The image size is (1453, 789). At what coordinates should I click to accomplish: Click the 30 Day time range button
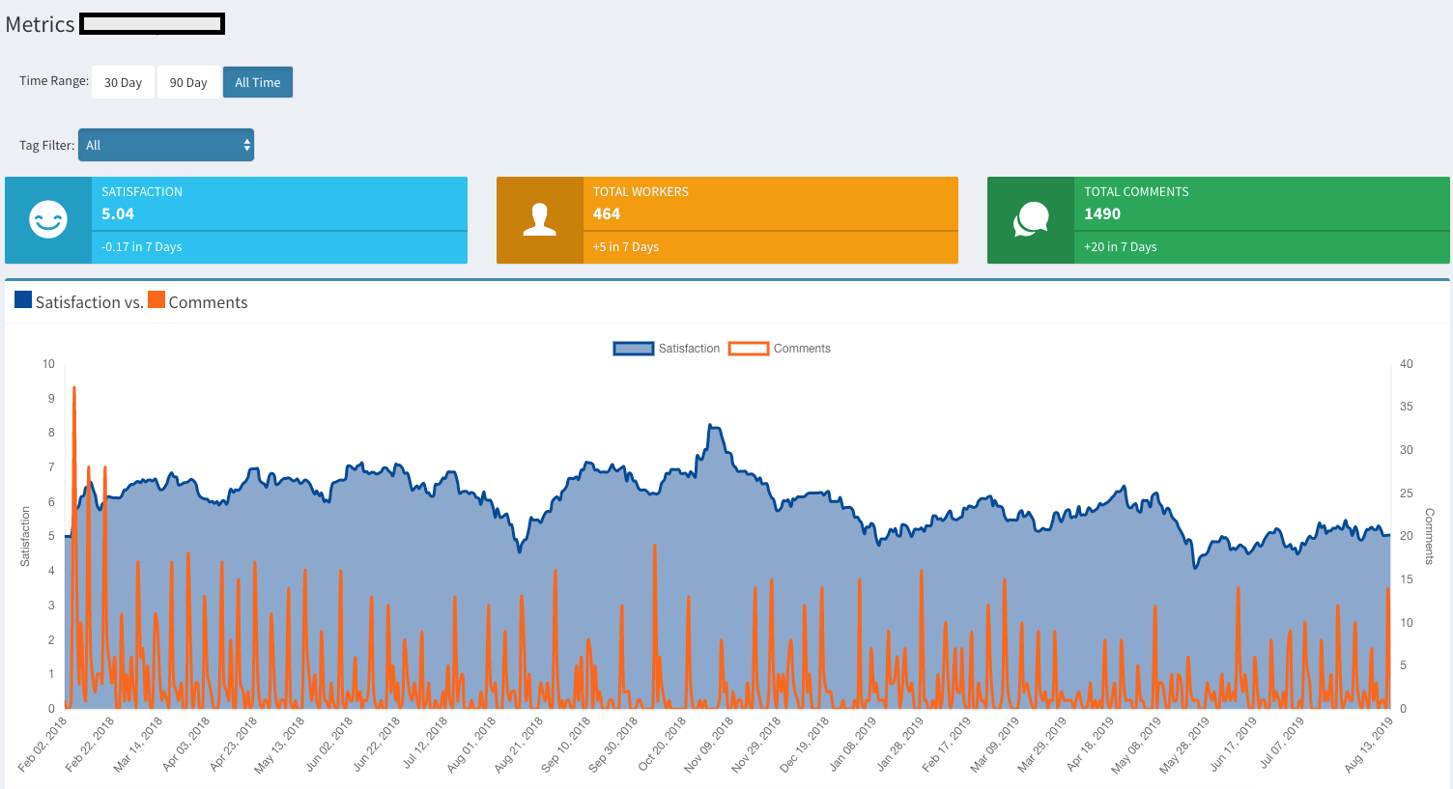point(124,82)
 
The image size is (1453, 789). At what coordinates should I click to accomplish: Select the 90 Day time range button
point(188,82)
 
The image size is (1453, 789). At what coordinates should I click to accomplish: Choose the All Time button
point(258,82)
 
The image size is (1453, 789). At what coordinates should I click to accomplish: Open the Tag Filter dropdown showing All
point(166,145)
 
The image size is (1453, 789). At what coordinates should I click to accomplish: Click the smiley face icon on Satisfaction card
point(48,219)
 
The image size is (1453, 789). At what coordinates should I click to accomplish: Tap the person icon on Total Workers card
point(540,219)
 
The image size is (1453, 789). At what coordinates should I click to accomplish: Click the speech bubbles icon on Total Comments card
point(1031,219)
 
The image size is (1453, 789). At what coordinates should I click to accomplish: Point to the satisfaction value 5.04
point(118,213)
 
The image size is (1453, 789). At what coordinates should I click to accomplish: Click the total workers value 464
point(607,213)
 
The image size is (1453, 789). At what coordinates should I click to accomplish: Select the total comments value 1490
point(1102,213)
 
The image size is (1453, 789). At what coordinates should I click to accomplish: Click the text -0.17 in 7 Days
point(141,246)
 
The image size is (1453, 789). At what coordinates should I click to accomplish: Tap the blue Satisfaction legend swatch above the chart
point(633,349)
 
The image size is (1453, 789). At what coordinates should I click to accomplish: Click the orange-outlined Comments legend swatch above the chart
point(749,349)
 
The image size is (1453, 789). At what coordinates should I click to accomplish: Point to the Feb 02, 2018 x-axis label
point(43,745)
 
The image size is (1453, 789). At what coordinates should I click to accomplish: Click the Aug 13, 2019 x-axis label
point(1368,745)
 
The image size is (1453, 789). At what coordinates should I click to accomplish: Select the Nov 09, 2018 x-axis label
point(708,745)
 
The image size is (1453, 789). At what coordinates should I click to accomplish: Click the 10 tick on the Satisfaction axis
point(48,364)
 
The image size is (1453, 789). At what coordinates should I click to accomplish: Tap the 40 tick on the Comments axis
point(1407,364)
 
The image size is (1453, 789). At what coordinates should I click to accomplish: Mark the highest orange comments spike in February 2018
point(74,387)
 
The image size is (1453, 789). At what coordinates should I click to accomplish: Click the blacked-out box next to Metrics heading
point(153,24)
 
